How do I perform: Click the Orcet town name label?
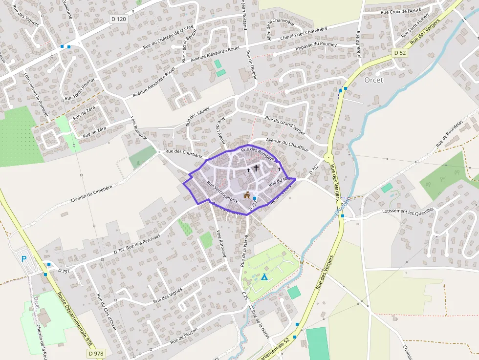coord(374,80)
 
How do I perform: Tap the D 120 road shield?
coord(118,19)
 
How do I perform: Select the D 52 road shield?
coord(399,52)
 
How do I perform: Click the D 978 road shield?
coord(96,353)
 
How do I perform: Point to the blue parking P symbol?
coord(23,259)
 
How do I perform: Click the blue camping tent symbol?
coord(264,277)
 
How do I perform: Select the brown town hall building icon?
coord(247,195)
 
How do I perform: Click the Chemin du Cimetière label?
coord(91,193)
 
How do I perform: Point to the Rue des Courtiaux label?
coord(184,153)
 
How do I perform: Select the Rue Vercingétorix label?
coord(222,192)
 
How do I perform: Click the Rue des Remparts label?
coord(259,154)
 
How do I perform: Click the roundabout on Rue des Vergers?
coord(328,158)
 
